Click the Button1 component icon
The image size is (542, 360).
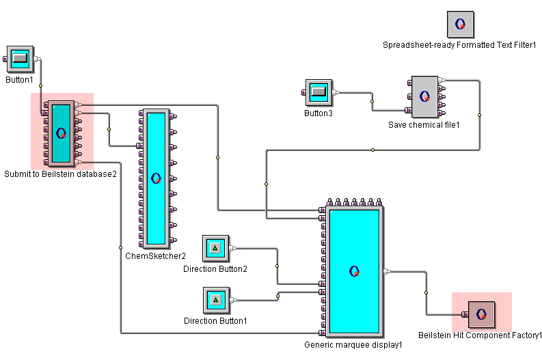[x=20, y=59]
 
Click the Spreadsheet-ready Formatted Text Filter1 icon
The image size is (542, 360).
[x=461, y=24]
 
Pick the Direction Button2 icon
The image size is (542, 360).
[x=215, y=249]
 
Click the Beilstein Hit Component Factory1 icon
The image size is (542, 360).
[x=481, y=314]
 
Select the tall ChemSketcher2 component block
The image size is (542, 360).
[x=156, y=178]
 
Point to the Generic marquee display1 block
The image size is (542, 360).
[x=354, y=271]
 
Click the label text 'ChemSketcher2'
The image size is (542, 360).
[x=155, y=257]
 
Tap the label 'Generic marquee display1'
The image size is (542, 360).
[x=353, y=345]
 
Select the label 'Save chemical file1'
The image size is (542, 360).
[x=424, y=125]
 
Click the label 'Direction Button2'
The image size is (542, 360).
[x=215, y=269]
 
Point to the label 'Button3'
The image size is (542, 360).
[x=319, y=113]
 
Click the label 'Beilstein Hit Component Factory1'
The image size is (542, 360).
[x=480, y=335]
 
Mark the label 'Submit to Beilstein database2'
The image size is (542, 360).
[x=61, y=174]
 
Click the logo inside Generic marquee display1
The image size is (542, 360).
[x=354, y=271]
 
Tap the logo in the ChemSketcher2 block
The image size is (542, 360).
[x=156, y=178]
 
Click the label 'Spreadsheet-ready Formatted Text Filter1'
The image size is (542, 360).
[x=460, y=45]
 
